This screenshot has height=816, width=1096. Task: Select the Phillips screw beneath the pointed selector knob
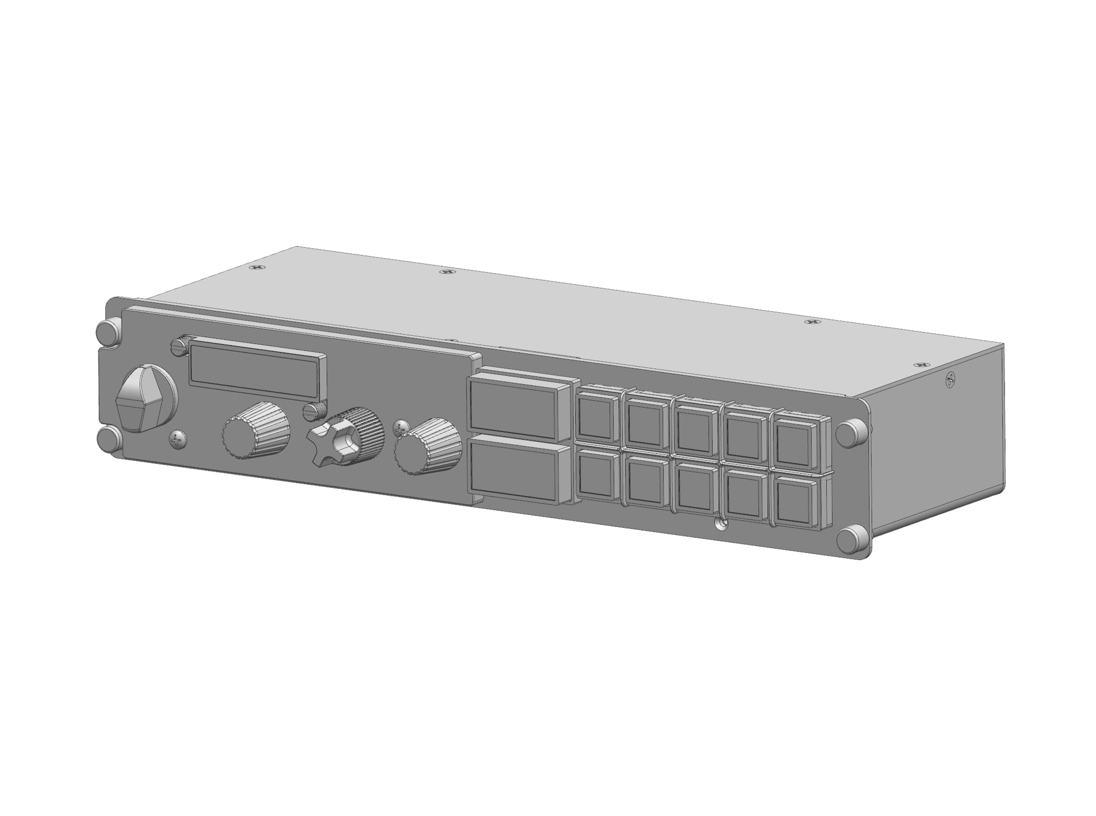pyautogui.click(x=177, y=439)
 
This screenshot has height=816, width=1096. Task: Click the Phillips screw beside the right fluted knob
pyautogui.click(x=401, y=428)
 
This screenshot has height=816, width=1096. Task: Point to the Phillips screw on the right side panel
pyautogui.click(x=950, y=379)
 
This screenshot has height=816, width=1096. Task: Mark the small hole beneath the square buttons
pyautogui.click(x=722, y=523)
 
